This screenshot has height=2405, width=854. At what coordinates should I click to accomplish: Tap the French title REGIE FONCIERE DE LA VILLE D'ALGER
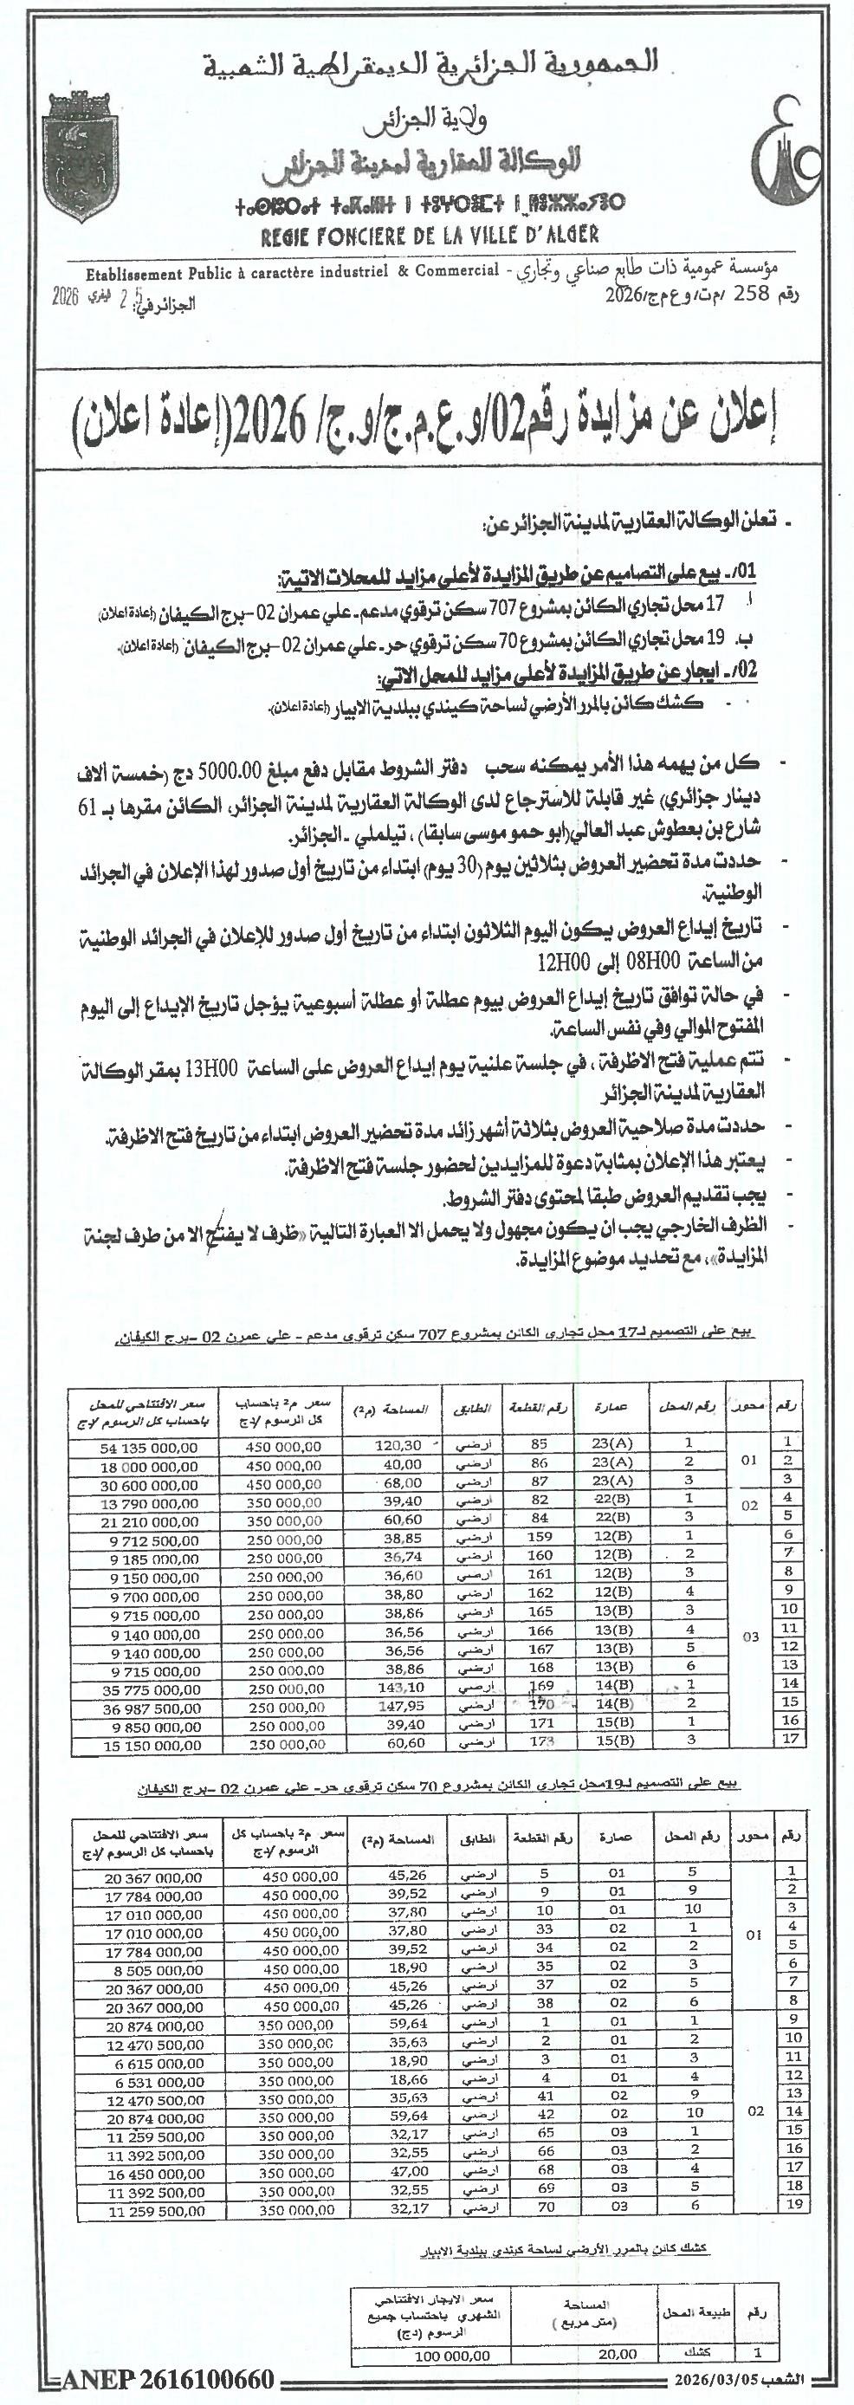click(x=430, y=236)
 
